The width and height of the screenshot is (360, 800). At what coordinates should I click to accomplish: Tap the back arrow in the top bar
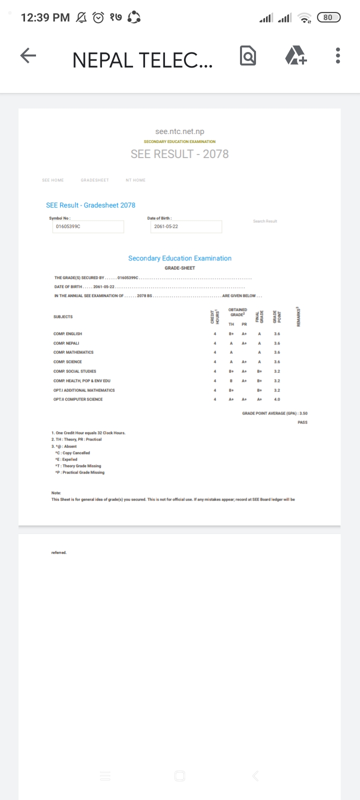pos(28,56)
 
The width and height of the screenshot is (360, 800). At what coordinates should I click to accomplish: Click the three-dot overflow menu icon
pos(338,55)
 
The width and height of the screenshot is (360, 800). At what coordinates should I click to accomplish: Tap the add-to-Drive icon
pos(295,55)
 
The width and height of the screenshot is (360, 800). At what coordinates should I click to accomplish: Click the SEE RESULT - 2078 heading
pos(179,154)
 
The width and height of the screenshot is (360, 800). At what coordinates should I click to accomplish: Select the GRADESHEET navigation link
pos(94,180)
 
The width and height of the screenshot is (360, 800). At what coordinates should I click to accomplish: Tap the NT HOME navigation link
pos(135,180)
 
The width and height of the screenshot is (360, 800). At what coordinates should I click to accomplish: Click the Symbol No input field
pos(87,226)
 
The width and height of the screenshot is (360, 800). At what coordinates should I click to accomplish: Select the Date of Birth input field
pos(186,226)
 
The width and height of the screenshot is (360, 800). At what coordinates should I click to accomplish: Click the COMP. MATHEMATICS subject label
pos(73,352)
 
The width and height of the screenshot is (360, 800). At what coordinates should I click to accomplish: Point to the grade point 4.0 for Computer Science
pos(277,399)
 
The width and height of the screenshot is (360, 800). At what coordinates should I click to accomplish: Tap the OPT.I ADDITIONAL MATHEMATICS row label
pos(84,390)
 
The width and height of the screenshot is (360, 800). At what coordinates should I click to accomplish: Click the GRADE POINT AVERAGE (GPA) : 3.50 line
pos(274,413)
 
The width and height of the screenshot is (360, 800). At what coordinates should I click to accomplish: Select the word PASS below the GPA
pos(302,422)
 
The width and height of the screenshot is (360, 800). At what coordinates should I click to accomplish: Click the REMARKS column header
pos(298,317)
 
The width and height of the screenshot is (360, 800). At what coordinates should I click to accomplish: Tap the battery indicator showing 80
pos(328,17)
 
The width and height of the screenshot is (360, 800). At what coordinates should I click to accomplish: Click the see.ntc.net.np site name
pos(179,131)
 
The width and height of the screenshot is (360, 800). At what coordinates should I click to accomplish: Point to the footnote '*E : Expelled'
pos(66,459)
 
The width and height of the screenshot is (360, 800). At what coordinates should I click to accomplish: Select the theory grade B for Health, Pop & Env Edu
pos(231,381)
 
